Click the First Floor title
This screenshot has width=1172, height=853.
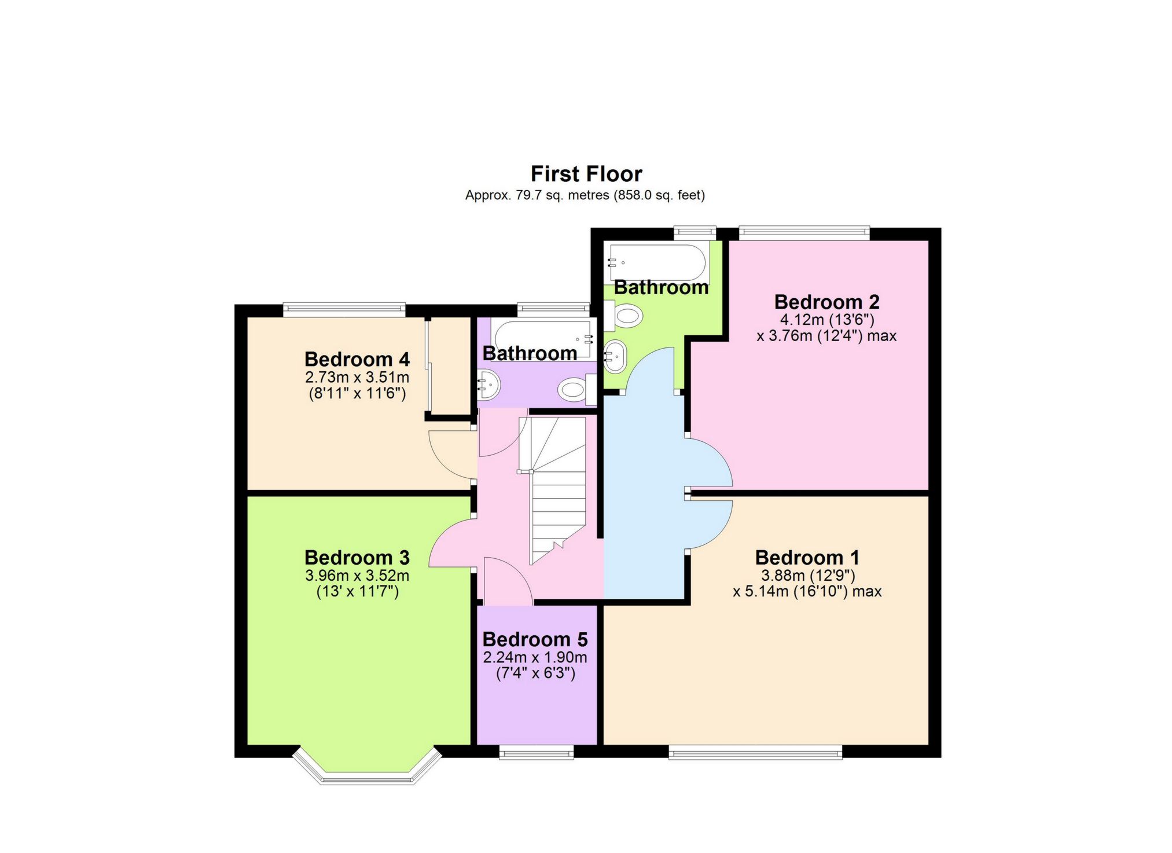tap(586, 174)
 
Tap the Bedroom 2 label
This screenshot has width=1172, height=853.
tap(826, 302)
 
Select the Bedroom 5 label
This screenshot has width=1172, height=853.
tap(535, 639)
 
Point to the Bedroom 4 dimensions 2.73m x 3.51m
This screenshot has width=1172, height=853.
tap(357, 377)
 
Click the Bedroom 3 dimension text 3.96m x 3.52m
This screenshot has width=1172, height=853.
tap(357, 576)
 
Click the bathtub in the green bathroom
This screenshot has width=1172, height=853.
tap(658, 262)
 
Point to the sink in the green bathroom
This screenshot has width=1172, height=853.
tap(614, 356)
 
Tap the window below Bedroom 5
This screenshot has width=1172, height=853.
tap(537, 752)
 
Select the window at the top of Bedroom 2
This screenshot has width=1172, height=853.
tap(804, 233)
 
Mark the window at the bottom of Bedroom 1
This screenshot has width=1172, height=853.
tap(755, 752)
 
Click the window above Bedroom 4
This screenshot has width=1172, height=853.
tap(344, 309)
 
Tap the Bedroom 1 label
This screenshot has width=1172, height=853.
tap(807, 558)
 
